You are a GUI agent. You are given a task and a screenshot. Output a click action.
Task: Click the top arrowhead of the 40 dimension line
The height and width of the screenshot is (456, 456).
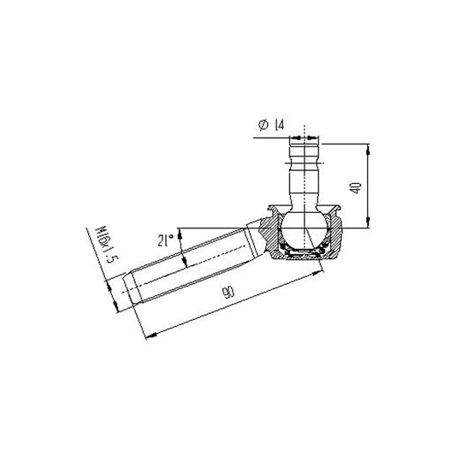tap(368, 147)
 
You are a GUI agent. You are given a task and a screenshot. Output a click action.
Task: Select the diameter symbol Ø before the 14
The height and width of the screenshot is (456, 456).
tap(260, 126)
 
